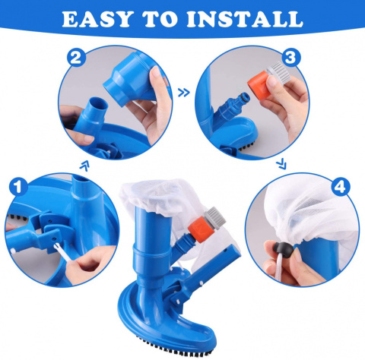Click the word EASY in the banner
pos(97,19)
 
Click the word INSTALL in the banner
pos(245,19)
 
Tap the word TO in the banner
pos(160,19)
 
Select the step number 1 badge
pos(18,188)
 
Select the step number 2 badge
pos(76,58)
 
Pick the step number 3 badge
pos(290,58)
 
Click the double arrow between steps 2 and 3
pos(184,93)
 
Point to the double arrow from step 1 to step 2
pos(84,166)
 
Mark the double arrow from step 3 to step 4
pos(281,164)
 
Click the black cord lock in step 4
pos(284,249)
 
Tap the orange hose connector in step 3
pos(259,86)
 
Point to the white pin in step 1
pos(62,252)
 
